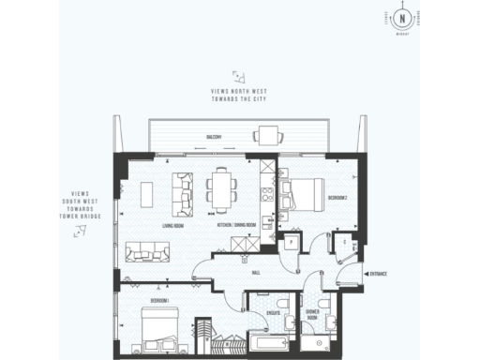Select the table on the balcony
(267, 137)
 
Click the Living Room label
(172, 227)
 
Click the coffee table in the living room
(144, 192)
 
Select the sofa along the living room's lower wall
(148, 250)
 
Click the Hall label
(255, 274)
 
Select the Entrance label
(378, 274)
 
